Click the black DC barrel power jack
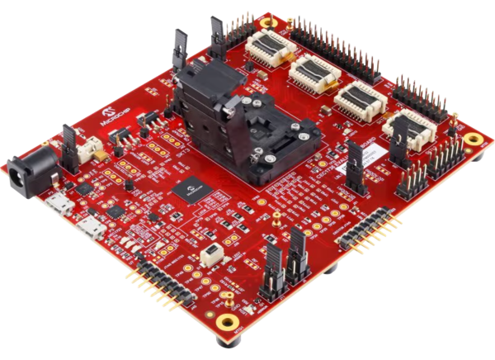point(25,172)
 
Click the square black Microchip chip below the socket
point(191,189)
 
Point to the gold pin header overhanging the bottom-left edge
point(157,283)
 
